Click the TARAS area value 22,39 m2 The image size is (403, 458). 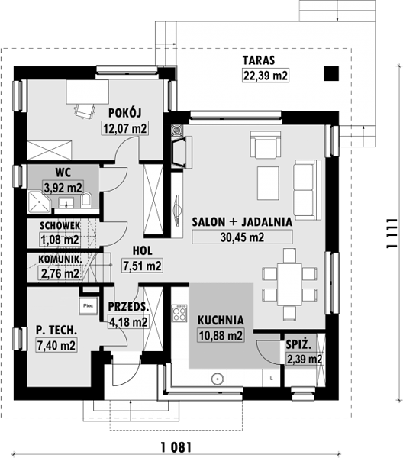click(266, 76)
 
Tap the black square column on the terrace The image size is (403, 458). click(331, 73)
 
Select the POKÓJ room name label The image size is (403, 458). click(125, 113)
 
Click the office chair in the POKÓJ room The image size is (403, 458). click(85, 111)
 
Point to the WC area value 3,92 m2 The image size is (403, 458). click(63, 187)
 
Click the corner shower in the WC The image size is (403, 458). click(39, 202)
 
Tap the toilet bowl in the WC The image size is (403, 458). click(86, 200)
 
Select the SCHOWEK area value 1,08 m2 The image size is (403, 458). click(60, 240)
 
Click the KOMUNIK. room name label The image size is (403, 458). click(60, 259)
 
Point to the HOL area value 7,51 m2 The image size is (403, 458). click(142, 266)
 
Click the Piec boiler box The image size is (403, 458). click(88, 306)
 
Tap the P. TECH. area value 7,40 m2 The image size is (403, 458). click(56, 345)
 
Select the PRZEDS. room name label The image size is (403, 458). click(128, 307)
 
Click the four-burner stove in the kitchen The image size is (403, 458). click(179, 313)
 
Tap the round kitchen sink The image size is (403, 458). click(218, 379)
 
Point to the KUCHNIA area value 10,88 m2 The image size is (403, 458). click(221, 335)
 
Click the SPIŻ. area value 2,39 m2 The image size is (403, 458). click(305, 359)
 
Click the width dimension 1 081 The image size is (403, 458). click(176, 447)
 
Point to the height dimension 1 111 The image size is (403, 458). click(392, 234)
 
